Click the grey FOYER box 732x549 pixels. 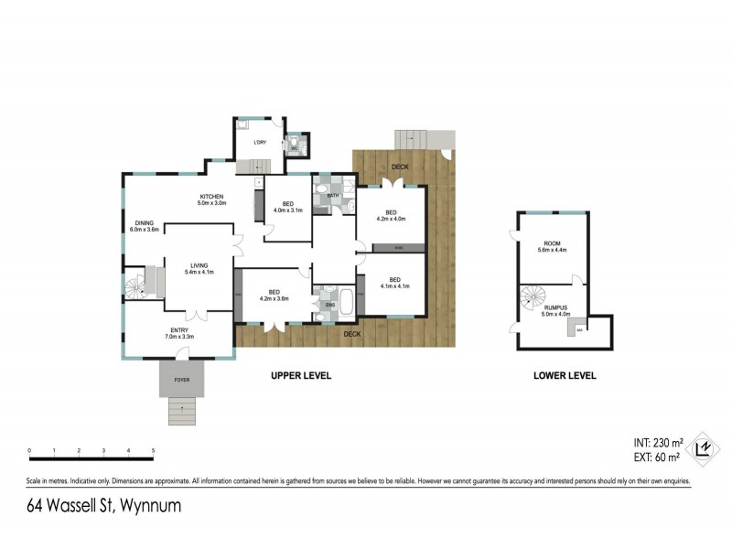[x=182, y=376]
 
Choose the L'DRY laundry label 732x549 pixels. [x=260, y=143]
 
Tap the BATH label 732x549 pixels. [x=333, y=194]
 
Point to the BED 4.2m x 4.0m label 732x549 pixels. [x=391, y=215]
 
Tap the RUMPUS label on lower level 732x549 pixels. [x=555, y=310]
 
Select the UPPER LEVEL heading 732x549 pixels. [x=300, y=376]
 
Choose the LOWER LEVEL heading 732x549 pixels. [x=565, y=376]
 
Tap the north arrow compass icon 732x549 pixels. [x=705, y=446]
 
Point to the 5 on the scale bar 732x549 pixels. [x=153, y=451]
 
